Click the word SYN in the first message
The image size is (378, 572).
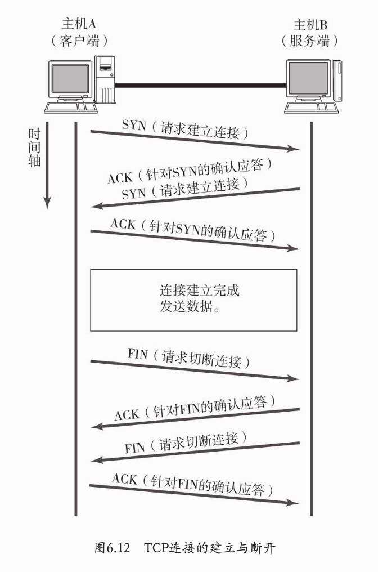(x=133, y=126)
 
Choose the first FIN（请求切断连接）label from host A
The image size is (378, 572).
(x=188, y=359)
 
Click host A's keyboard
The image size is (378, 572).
(x=67, y=107)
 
